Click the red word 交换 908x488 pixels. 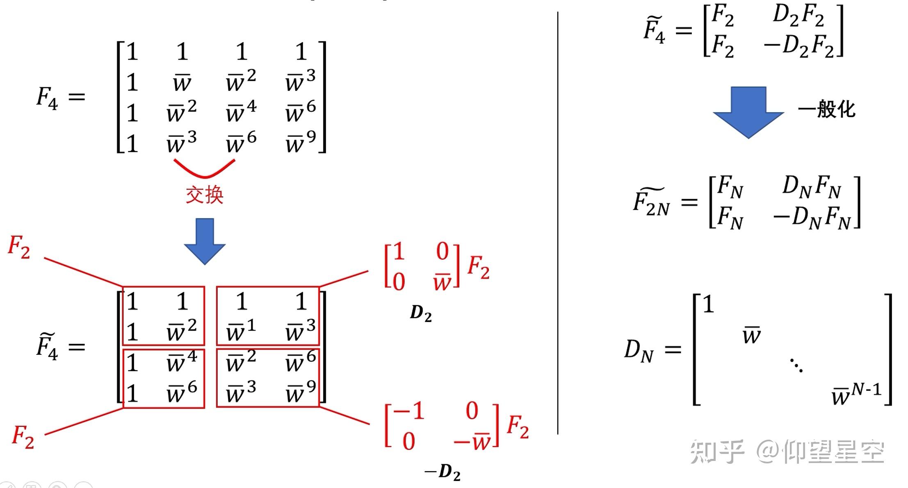(x=204, y=195)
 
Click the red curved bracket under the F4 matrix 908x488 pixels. (x=204, y=169)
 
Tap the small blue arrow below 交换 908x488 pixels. (x=205, y=241)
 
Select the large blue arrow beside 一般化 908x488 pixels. (x=748, y=111)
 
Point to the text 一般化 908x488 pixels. (x=826, y=109)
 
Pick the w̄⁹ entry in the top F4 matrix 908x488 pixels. (x=301, y=142)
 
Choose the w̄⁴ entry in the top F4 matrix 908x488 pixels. (x=241, y=111)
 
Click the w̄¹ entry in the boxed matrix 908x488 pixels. (x=241, y=331)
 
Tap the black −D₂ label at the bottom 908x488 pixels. (x=443, y=472)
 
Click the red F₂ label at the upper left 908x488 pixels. (x=19, y=247)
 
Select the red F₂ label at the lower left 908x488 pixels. (x=23, y=437)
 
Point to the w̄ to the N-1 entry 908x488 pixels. (x=856, y=393)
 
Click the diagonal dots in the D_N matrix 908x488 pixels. (x=796, y=365)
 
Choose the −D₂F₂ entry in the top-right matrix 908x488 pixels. (x=798, y=46)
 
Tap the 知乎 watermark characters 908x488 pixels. (x=717, y=452)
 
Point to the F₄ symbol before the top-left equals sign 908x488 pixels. (x=47, y=98)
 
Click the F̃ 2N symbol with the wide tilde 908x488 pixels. (x=651, y=202)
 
